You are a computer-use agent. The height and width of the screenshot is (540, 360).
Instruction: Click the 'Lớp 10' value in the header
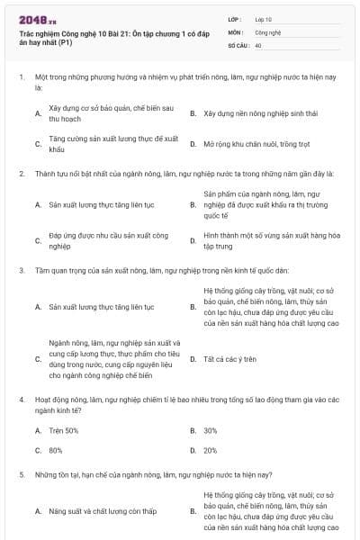264,18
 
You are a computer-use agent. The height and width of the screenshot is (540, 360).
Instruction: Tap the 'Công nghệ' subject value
267,31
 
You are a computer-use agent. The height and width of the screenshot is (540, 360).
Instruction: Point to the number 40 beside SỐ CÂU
258,45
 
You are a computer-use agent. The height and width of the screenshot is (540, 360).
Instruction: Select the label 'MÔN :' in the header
237,31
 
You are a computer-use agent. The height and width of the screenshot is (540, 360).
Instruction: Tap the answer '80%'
56,450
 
